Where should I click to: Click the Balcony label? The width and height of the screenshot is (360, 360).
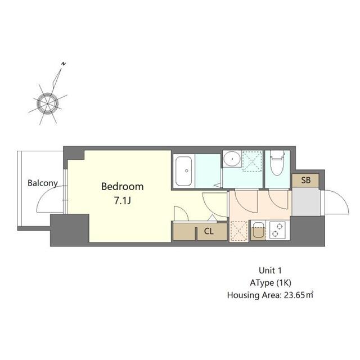43,183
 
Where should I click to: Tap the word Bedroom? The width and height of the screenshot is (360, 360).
122,186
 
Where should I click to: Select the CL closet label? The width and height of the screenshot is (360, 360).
208,231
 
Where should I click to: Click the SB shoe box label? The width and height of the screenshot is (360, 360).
305,181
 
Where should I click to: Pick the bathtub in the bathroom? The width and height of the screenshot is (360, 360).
184,169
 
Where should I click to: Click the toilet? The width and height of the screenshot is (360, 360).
277,163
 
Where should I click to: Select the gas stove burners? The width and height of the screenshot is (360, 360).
277,230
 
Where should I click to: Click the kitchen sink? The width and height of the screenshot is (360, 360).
258,231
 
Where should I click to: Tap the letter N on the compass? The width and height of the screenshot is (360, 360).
65,64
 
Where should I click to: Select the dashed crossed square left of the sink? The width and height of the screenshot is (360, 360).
238,231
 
